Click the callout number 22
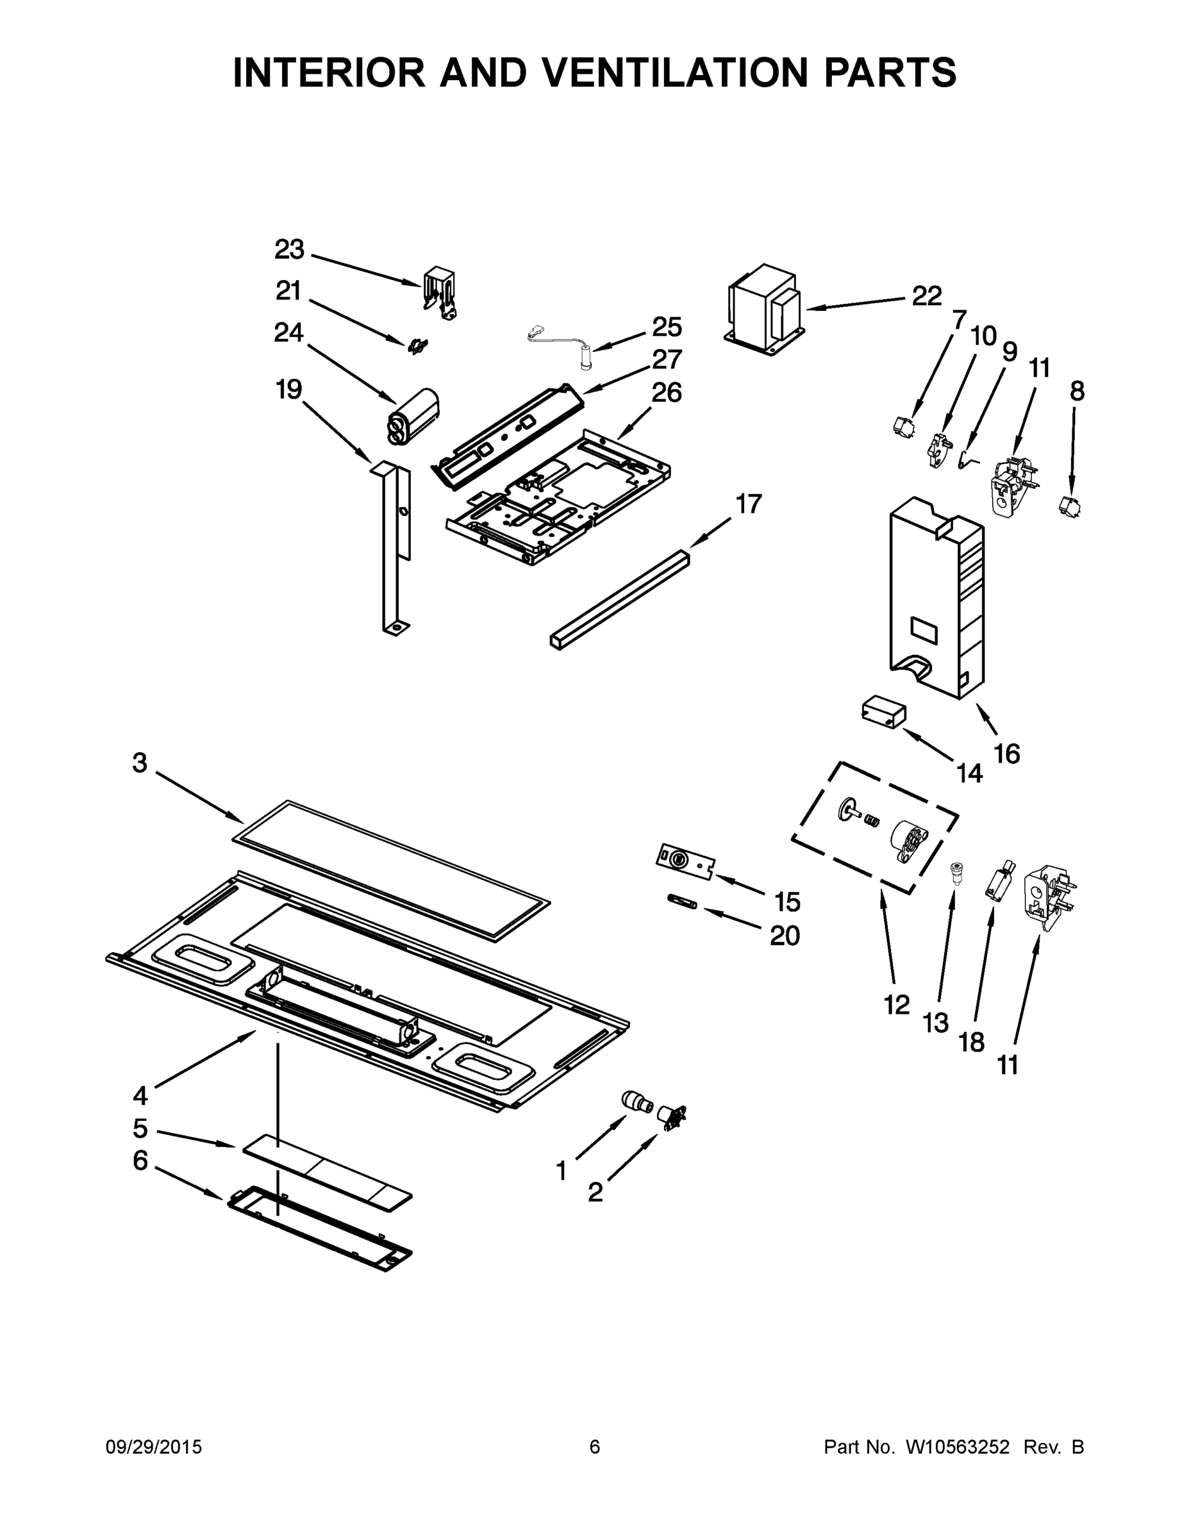coord(926,296)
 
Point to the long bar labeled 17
coord(620,598)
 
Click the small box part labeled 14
coord(883,712)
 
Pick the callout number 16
coord(1006,754)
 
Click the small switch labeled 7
coord(902,426)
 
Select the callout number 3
coord(140,762)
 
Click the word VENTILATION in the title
coord(669,72)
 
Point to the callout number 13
coord(935,1023)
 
